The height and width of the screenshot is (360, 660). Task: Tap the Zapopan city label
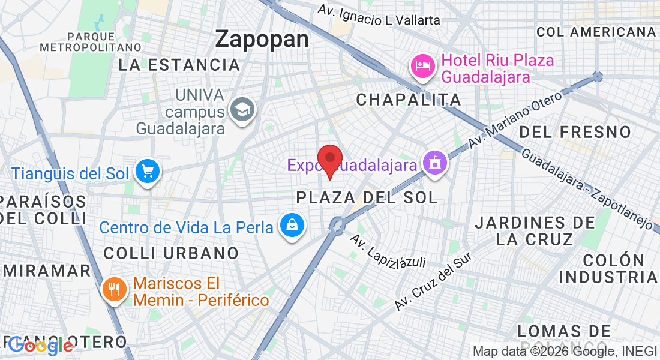click(262, 39)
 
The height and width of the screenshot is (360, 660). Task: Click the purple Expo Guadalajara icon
click(434, 163)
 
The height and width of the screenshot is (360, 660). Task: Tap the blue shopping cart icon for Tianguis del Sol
click(146, 172)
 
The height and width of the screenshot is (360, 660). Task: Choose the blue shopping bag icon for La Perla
click(292, 226)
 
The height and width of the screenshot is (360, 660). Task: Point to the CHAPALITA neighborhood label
click(409, 100)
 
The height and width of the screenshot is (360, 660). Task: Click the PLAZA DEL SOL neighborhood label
click(367, 197)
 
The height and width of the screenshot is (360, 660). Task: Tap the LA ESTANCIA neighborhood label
click(179, 65)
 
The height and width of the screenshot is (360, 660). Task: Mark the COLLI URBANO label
click(171, 253)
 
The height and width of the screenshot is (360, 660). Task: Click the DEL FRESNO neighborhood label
click(575, 131)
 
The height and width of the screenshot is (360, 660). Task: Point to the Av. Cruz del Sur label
click(433, 281)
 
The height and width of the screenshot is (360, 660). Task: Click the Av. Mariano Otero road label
click(515, 119)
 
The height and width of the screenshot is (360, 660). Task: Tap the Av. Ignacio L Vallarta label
click(379, 16)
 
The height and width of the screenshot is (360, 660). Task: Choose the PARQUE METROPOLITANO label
click(90, 41)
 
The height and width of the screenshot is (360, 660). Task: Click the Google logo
click(41, 345)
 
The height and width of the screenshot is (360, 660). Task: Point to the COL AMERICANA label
click(596, 32)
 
